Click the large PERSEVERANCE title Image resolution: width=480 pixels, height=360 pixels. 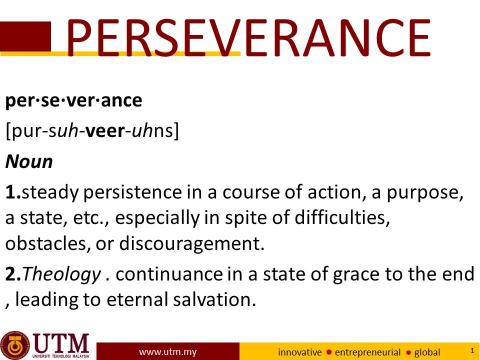(x=248, y=37)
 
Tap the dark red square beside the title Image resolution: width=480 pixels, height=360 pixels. (x=25, y=36)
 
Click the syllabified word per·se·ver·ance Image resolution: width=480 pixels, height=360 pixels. (x=74, y=100)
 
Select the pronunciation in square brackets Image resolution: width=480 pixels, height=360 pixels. (x=92, y=131)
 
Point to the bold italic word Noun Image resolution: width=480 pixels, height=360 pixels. (x=29, y=161)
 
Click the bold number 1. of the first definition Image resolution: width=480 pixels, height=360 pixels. (x=13, y=192)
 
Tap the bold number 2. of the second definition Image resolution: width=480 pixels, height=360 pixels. (x=13, y=274)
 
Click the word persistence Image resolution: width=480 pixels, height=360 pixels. (x=132, y=192)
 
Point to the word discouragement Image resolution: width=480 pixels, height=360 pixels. (x=191, y=244)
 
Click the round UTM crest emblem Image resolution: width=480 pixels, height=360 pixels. (x=15, y=345)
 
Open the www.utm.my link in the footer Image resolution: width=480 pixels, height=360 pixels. (x=168, y=352)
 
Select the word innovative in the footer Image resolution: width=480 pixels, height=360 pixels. (x=299, y=352)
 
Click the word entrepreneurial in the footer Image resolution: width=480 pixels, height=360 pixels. (x=367, y=352)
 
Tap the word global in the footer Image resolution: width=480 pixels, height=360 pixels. (x=427, y=352)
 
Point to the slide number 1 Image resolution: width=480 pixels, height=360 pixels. (x=472, y=350)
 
